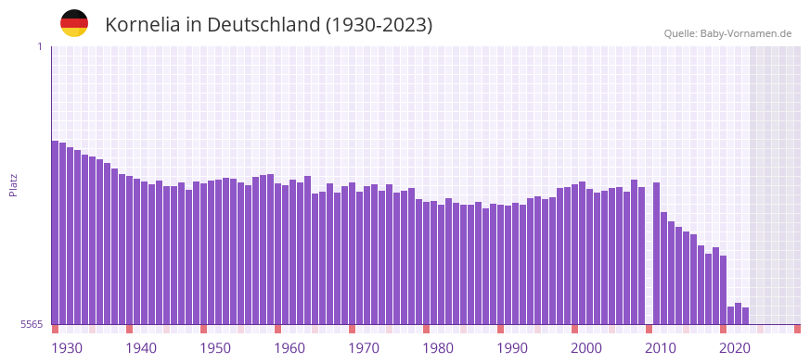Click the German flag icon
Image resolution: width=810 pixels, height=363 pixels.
tap(74, 23)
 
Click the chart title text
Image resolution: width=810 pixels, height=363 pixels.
tap(268, 25)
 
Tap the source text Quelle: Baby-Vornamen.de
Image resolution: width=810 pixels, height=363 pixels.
tap(727, 33)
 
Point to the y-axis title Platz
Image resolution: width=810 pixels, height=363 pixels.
tap(13, 184)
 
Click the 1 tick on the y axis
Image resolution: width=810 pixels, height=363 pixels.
tap(39, 46)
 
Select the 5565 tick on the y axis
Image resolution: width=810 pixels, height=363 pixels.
tap(32, 324)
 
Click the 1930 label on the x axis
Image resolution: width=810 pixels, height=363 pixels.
tap(67, 348)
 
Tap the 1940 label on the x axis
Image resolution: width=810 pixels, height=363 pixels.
tap(141, 348)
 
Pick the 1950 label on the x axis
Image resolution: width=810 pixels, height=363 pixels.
tap(215, 348)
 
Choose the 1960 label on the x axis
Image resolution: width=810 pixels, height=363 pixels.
tap(289, 348)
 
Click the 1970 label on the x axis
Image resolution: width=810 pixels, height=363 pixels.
tap(364, 348)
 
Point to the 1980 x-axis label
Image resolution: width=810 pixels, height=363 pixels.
tap(438, 348)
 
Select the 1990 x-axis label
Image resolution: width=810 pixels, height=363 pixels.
tap(512, 348)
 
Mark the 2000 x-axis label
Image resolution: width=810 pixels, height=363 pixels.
tap(586, 348)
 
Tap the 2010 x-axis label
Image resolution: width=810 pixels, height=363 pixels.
tap(661, 348)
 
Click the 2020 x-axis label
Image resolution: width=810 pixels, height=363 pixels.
tap(735, 348)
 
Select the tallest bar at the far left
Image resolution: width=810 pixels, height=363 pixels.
tap(55, 232)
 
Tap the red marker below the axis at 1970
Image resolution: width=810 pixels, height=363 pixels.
tap(352, 329)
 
